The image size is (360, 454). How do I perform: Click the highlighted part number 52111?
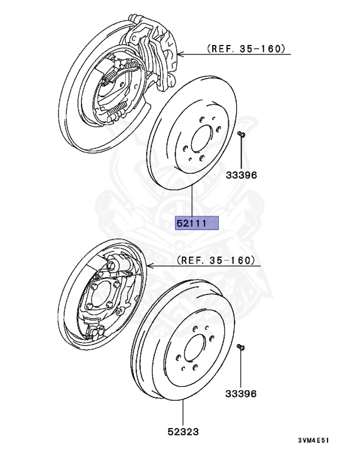(197, 223)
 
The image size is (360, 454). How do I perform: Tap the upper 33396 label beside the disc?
(242, 176)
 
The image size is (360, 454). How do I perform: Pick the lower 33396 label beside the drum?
(241, 393)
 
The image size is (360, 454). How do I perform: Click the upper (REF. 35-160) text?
(246, 49)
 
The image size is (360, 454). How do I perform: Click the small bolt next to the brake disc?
(242, 136)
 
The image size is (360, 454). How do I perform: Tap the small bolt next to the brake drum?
(241, 347)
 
